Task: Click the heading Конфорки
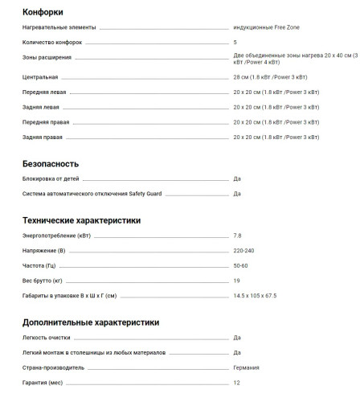click(43, 12)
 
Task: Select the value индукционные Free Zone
click(268, 27)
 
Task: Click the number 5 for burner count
click(235, 42)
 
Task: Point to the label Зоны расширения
click(47, 58)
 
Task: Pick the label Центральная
click(41, 77)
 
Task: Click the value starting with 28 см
click(269, 77)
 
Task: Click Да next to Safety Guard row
click(237, 194)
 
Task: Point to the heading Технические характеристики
click(82, 219)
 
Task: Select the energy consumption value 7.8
click(237, 235)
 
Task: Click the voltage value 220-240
click(243, 250)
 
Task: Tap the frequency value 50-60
click(240, 265)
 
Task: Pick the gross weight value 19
click(236, 281)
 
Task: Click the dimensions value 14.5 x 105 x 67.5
click(255, 296)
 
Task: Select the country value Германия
click(246, 367)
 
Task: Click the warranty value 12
click(236, 383)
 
